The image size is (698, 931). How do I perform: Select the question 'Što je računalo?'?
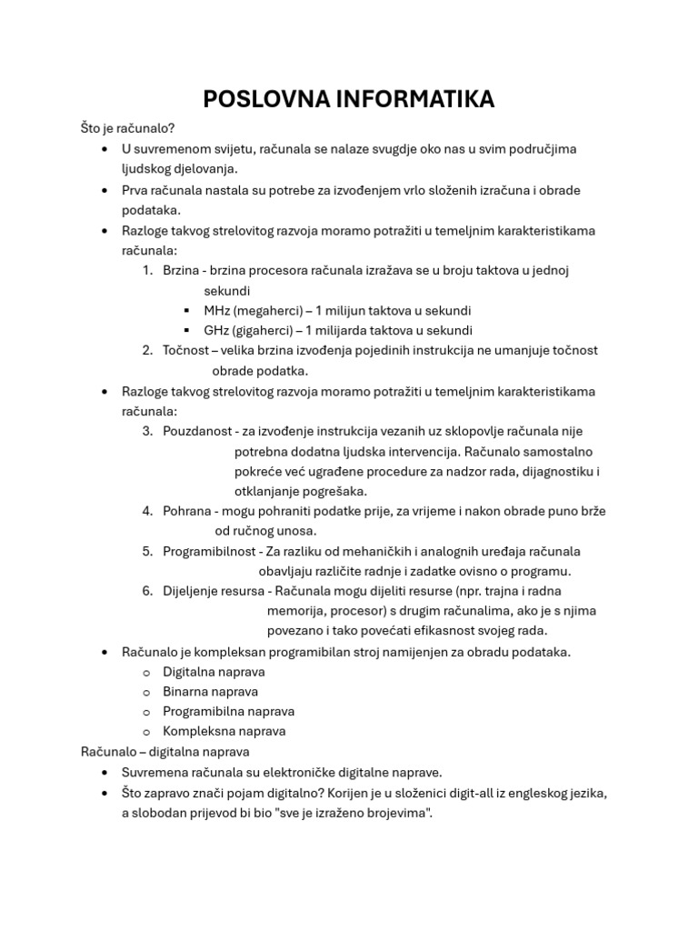tap(127, 129)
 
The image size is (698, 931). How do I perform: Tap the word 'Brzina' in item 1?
tap(181, 271)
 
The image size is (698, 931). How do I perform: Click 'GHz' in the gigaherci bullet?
tap(216, 331)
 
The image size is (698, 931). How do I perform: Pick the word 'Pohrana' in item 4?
tap(186, 511)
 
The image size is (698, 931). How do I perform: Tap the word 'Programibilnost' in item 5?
tap(209, 551)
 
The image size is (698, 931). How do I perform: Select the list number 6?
tap(146, 591)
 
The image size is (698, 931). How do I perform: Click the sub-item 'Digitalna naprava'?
tap(214, 672)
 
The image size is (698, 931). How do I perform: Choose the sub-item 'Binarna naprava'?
tap(210, 692)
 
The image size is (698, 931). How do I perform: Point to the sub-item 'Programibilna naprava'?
tap(228, 712)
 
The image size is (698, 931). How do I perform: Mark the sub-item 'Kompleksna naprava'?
tap(224, 732)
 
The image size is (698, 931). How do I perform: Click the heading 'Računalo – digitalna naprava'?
tap(165, 752)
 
